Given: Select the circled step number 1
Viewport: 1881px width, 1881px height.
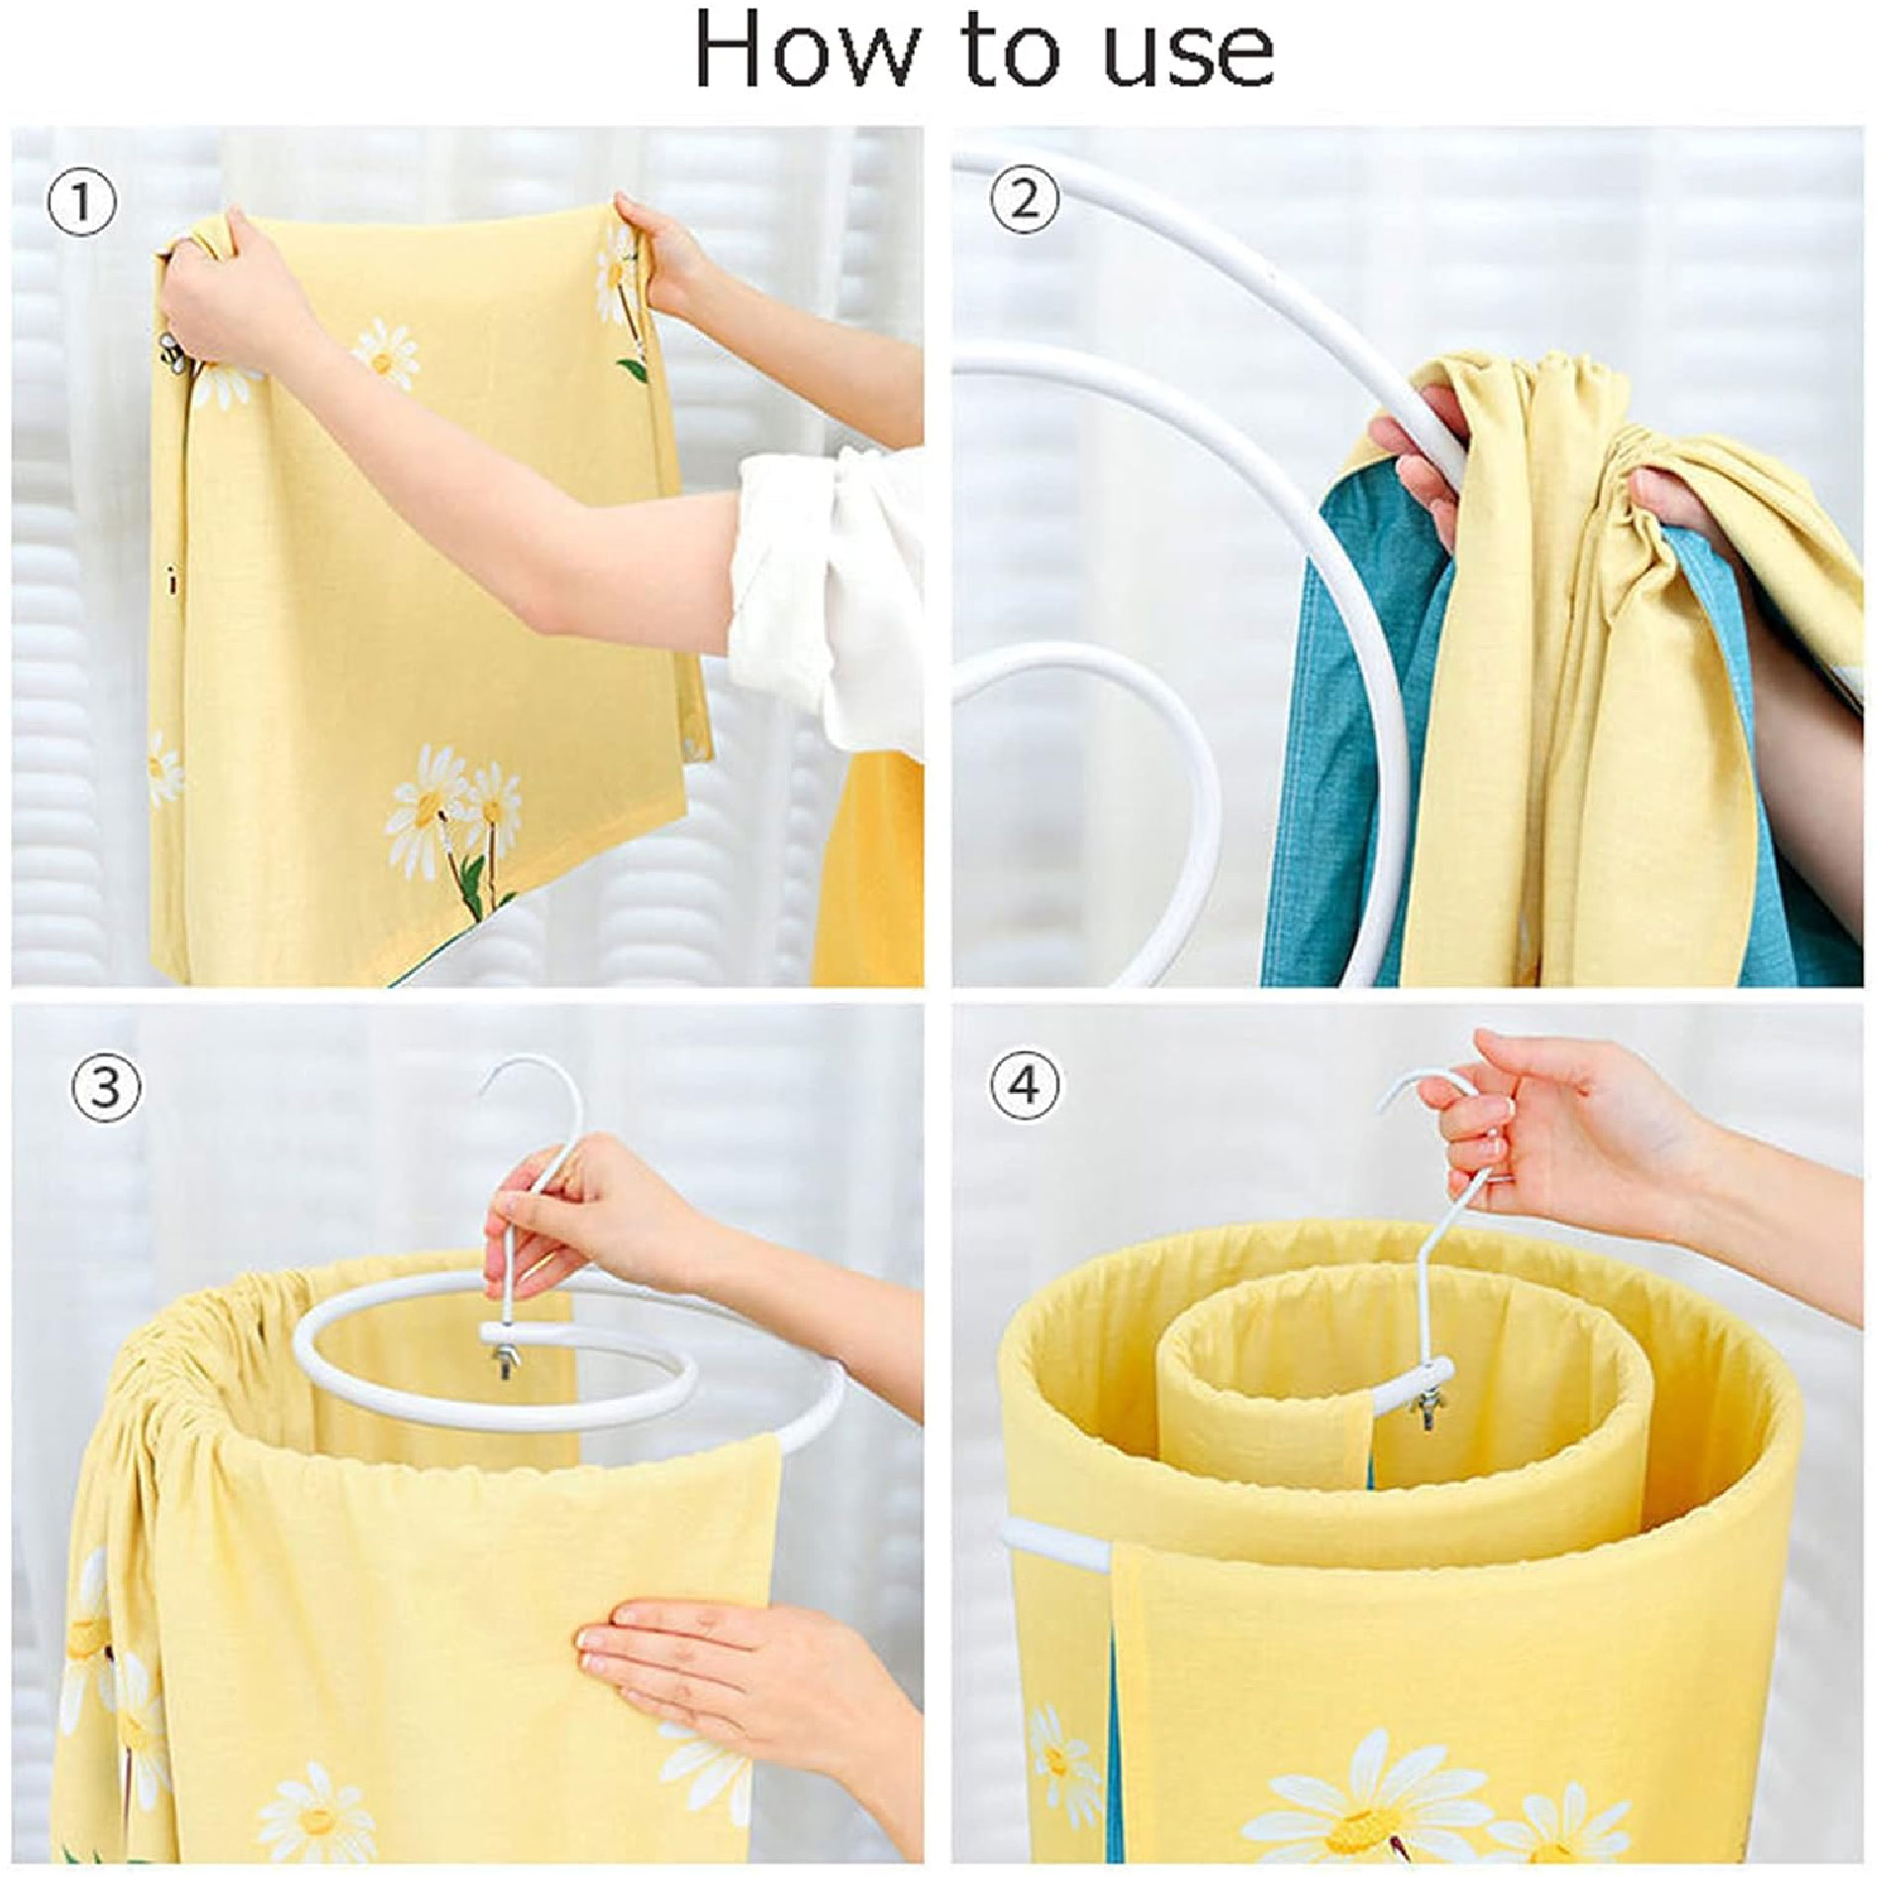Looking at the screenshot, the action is pyautogui.click(x=82, y=204).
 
